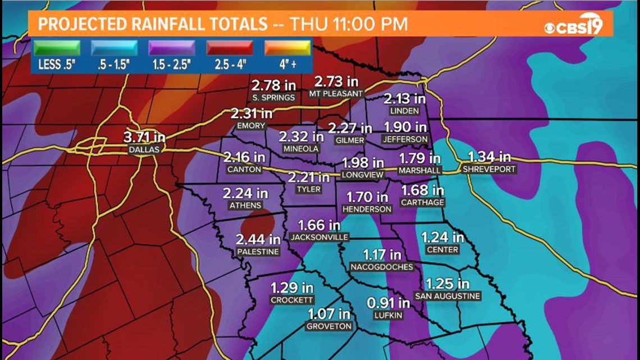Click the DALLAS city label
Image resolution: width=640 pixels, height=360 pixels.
pyautogui.click(x=144, y=149)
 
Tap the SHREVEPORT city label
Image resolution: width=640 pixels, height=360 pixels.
pyautogui.click(x=488, y=168)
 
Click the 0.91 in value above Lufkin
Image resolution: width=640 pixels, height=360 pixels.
pyautogui.click(x=388, y=303)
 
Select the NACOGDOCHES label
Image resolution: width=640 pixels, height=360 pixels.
pyautogui.click(x=382, y=267)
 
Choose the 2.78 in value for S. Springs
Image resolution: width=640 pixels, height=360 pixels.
pyautogui.click(x=273, y=86)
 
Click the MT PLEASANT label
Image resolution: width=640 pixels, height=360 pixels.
pyautogui.click(x=337, y=94)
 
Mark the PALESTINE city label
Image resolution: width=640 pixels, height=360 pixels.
pyautogui.click(x=258, y=252)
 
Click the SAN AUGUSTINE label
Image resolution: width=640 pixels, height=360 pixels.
pyautogui.click(x=447, y=296)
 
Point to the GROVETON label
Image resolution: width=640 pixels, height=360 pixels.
pyautogui.click(x=329, y=326)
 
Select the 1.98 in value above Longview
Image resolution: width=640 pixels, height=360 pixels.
pyautogui.click(x=363, y=163)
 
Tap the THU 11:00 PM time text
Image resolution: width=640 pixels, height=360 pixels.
pyautogui.click(x=346, y=24)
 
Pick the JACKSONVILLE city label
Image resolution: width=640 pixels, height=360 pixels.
pyautogui.click(x=319, y=237)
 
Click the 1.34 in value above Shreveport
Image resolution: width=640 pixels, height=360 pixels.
pyautogui.click(x=490, y=157)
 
